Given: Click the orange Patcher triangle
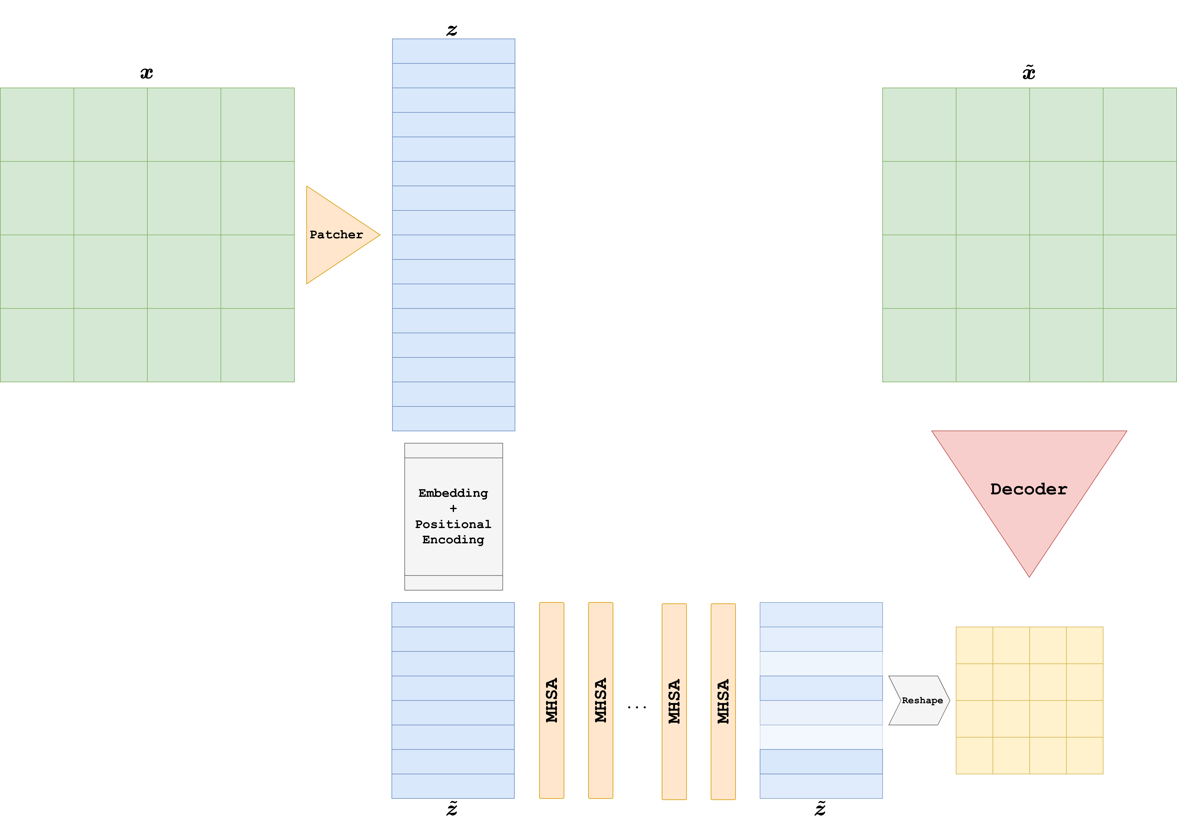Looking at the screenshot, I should pyautogui.click(x=335, y=235).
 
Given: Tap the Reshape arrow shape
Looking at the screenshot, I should pyautogui.click(x=921, y=700).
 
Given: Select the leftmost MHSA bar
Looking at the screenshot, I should pyautogui.click(x=552, y=700).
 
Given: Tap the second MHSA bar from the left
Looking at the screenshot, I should pyautogui.click(x=601, y=700).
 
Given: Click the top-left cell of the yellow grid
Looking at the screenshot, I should pyautogui.click(x=974, y=645).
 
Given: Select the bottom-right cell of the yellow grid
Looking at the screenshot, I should pyautogui.click(x=1085, y=756).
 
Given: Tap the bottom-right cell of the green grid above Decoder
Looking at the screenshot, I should pyautogui.click(x=1140, y=345).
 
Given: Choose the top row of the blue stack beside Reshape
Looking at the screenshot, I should pyautogui.click(x=821, y=615).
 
